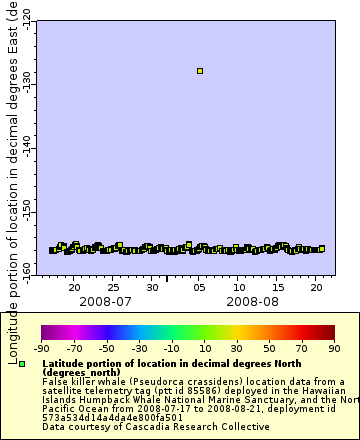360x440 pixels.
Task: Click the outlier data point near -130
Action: point(200,71)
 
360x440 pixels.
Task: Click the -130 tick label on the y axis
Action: point(26,77)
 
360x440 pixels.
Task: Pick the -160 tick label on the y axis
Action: point(26,269)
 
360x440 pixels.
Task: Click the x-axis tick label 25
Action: point(114,287)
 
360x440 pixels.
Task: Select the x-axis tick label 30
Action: point(151,287)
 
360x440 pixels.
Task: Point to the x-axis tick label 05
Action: point(199,287)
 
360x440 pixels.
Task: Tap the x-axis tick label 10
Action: point(238,287)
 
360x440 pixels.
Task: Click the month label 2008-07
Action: point(104,300)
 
